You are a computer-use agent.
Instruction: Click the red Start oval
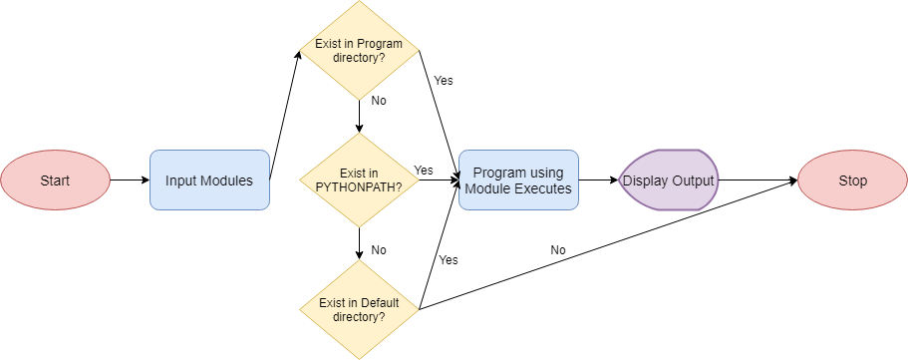54,180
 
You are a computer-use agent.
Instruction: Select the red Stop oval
852,180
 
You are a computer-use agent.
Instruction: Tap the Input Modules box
209,180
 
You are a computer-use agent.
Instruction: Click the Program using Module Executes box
518,180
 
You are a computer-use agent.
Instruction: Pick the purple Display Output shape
669,180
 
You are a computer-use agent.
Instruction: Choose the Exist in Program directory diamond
359,51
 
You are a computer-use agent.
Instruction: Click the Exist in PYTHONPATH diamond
359,180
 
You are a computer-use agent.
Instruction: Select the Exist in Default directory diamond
359,310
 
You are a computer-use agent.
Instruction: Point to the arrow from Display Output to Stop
757,180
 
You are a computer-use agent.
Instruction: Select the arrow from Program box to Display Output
599,180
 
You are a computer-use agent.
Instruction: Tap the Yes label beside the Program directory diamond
444,81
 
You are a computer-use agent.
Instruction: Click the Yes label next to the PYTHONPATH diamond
424,170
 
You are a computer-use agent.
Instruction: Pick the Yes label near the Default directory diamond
449,259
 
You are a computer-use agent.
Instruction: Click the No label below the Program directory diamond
379,101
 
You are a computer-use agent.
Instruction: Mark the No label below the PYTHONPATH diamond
379,249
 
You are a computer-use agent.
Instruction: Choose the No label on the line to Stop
558,249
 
